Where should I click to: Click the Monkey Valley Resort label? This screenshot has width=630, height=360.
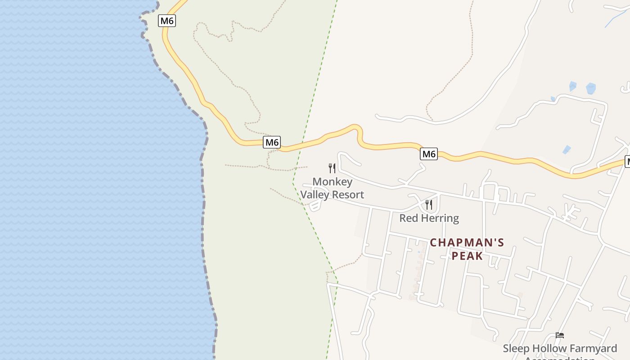tap(332, 188)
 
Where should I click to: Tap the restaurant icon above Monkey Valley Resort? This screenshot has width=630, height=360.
tap(332, 168)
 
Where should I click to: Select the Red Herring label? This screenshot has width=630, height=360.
tap(429, 218)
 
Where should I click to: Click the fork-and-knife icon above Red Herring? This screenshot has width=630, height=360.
tap(429, 205)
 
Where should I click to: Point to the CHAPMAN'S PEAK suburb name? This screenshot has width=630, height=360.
tap(467, 249)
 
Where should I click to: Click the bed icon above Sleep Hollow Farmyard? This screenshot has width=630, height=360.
tap(560, 335)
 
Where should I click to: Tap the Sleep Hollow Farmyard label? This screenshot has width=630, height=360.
tap(560, 349)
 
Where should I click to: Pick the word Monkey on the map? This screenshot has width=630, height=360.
tap(332, 182)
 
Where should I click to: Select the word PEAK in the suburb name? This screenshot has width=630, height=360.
tap(467, 256)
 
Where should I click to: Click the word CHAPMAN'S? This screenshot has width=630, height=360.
tap(467, 243)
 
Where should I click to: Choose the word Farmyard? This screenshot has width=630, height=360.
tap(593, 349)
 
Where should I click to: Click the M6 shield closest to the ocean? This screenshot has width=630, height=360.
tap(167, 21)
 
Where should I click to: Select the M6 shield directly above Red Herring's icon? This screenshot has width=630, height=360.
tap(429, 154)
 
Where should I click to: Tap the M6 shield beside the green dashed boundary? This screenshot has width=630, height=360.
tap(272, 143)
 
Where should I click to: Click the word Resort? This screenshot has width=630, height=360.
tap(349, 195)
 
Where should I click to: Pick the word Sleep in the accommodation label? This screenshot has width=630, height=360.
tap(516, 349)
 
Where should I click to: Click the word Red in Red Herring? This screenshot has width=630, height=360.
tap(408, 218)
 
